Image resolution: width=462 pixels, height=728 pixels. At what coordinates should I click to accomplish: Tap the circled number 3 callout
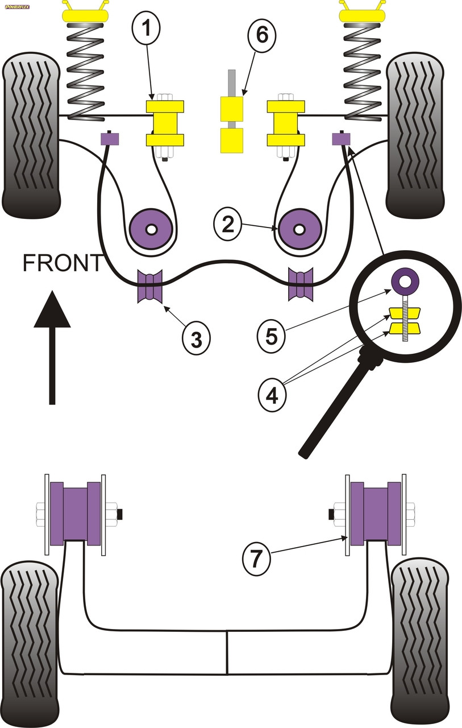coord(196,340)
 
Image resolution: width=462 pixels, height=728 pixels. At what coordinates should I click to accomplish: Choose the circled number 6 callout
coord(261,35)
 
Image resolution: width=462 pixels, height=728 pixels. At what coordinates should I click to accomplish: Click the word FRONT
coord(63,263)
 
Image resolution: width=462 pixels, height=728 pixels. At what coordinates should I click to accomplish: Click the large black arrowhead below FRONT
coord(52,310)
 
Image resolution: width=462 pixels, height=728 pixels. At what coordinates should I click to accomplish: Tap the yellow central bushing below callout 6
coord(231,125)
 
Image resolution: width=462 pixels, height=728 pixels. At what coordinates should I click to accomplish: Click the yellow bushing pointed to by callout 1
coord(165,123)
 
